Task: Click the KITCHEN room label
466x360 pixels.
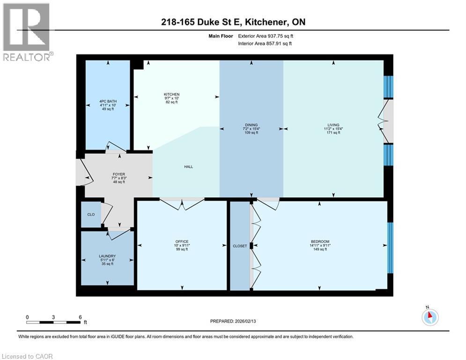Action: click(x=171, y=94)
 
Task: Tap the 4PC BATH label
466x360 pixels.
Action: click(x=108, y=101)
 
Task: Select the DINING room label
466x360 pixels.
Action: click(x=251, y=125)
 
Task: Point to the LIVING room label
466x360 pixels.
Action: click(x=333, y=125)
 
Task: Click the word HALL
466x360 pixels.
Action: click(x=188, y=166)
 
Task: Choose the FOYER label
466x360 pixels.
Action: click(x=119, y=174)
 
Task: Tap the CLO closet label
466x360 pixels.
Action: click(x=91, y=214)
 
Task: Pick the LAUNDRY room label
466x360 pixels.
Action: click(x=107, y=256)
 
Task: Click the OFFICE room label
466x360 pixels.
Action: click(x=182, y=241)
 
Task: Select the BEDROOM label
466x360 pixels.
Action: click(x=320, y=241)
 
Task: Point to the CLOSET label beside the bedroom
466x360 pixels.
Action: click(x=240, y=246)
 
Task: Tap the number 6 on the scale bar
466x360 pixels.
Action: click(x=80, y=317)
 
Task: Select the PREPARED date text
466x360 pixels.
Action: click(x=233, y=321)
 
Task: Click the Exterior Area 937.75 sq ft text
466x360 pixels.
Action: click(x=266, y=36)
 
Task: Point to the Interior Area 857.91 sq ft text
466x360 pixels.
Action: click(x=265, y=44)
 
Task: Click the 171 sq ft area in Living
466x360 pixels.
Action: click(x=333, y=133)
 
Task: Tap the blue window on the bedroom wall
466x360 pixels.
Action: click(x=390, y=247)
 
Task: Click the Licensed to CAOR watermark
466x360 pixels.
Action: click(x=27, y=356)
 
